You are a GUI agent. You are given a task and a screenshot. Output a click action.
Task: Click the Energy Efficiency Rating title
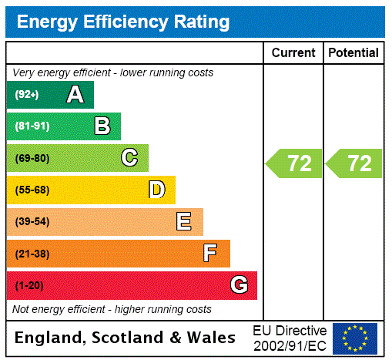pyautogui.click(x=123, y=22)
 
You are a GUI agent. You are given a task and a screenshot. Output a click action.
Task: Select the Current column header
pyautogui.click(x=293, y=53)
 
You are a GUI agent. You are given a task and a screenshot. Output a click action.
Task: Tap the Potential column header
pyautogui.click(x=353, y=53)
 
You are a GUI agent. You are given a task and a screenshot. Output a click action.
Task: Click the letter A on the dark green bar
pyautogui.click(x=75, y=95)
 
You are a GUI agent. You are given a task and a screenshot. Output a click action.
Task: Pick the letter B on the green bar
pyautogui.click(x=102, y=126)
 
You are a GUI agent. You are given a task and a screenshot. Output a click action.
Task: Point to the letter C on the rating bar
pyautogui.click(x=129, y=158)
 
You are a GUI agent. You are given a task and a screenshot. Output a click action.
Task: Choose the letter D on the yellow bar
pyautogui.click(x=156, y=190)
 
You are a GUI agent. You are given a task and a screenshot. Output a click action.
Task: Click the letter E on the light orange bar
pyautogui.click(x=184, y=222)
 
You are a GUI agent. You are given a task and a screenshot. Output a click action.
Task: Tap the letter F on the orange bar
pyautogui.click(x=210, y=254)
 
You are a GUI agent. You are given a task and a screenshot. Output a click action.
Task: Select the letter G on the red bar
pyautogui.click(x=239, y=285)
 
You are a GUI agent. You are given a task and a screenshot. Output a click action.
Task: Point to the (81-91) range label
pyautogui.click(x=32, y=126)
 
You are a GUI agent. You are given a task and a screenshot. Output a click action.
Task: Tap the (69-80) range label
pyautogui.click(x=32, y=158)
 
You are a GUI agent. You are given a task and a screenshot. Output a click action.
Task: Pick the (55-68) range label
pyautogui.click(x=32, y=190)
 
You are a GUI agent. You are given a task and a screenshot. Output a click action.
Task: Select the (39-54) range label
pyautogui.click(x=32, y=222)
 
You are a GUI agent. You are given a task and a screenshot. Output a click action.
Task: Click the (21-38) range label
pyautogui.click(x=32, y=254)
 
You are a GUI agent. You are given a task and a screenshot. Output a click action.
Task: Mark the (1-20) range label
pyautogui.click(x=29, y=285)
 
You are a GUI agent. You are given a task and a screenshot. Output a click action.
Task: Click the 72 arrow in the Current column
pyautogui.click(x=295, y=163)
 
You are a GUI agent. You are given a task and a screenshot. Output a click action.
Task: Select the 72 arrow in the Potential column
pyautogui.click(x=354, y=163)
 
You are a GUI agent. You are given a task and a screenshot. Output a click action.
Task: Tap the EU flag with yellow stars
pyautogui.click(x=355, y=338)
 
